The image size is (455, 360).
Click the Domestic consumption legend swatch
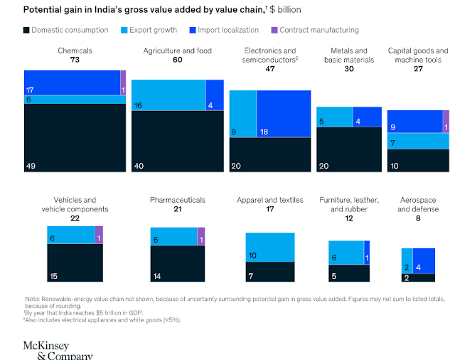pos(27,31)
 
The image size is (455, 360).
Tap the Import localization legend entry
pos(230,31)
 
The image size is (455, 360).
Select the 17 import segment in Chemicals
pos(72,83)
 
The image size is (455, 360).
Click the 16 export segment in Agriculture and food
pos(168,95)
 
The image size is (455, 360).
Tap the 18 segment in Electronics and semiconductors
pos(283,114)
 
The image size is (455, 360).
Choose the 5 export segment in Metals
pos(334,117)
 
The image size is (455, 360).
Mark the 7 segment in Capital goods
pos(418,142)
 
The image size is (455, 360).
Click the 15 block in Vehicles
pos(75,264)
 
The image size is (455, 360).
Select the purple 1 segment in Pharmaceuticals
pos(201,236)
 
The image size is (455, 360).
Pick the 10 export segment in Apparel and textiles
pos(270,247)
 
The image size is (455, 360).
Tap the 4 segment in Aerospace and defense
pos(424,260)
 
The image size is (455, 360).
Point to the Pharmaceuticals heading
pos(178,200)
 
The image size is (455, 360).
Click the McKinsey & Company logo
pos(57,349)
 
